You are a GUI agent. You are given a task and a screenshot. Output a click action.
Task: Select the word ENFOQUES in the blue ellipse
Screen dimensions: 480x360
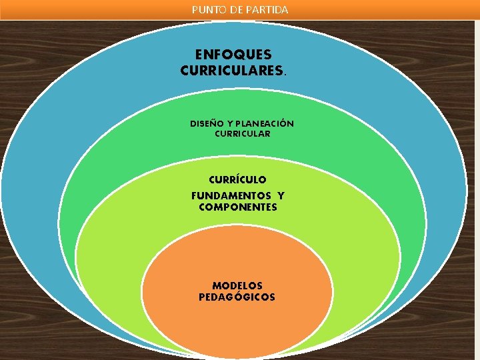coord(233,55)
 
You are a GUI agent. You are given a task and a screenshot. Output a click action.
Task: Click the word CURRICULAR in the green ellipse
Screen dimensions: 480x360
coord(242,133)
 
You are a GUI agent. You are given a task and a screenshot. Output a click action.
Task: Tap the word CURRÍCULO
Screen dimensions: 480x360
coord(237,179)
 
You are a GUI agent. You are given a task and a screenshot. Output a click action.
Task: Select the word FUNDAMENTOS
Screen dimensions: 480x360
coord(231,195)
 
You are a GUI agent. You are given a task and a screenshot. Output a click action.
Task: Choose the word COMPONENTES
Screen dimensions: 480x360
coord(238,207)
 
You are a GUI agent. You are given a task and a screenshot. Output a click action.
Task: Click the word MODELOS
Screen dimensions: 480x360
coord(237,285)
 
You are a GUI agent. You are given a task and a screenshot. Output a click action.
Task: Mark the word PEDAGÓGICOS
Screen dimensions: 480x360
coord(237,297)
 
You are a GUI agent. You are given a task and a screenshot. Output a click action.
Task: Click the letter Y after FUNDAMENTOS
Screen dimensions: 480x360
coord(281,195)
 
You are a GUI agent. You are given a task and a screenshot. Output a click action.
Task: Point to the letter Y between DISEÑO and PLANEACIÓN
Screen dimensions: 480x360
coord(229,123)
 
